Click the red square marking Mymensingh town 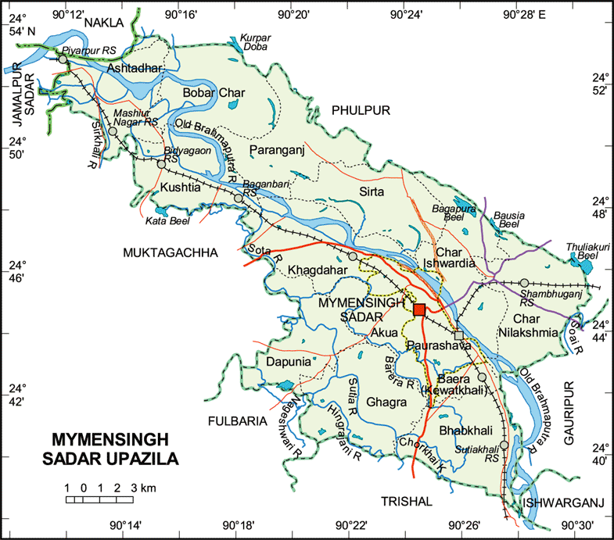(419, 309)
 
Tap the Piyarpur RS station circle (63, 59)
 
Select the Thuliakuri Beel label (587, 252)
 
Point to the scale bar (98, 498)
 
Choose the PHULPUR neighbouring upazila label (360, 111)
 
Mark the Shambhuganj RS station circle (524, 283)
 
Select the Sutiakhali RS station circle (504, 445)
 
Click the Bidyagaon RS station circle (161, 164)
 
